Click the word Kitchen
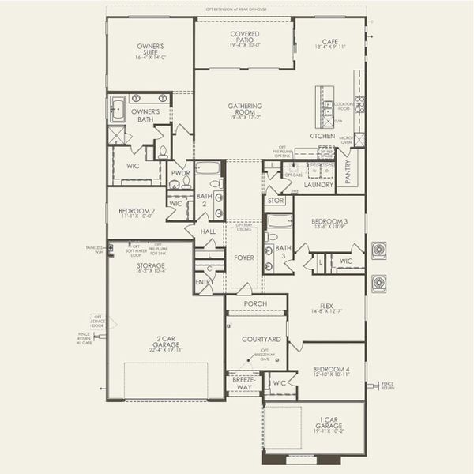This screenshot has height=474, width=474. [322, 136]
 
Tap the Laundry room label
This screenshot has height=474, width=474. [320, 185]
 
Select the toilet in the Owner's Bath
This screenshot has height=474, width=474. [163, 150]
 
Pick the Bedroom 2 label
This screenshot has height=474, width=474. [137, 212]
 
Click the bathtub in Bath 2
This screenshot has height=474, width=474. [208, 168]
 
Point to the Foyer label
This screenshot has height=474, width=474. [243, 258]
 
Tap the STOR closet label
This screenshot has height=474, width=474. [275, 201]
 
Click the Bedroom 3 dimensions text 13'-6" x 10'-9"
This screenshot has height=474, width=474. [329, 227]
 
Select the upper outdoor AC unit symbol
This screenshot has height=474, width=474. [378, 251]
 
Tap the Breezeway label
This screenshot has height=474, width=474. [243, 384]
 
